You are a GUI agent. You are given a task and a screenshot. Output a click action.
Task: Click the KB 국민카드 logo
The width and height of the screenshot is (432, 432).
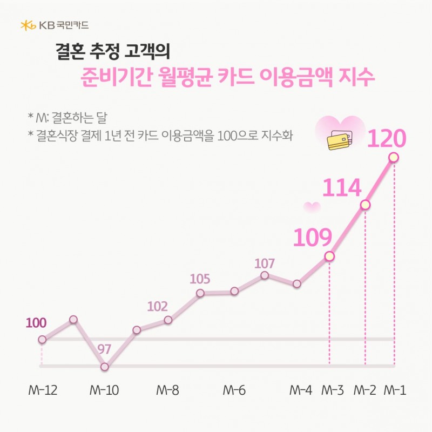point(54,25)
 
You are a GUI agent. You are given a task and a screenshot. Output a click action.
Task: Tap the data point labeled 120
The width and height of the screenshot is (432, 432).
point(394,157)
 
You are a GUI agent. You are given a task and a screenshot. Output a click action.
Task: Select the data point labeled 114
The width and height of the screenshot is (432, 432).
point(366,205)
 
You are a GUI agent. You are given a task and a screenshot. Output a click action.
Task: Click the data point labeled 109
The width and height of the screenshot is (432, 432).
point(329,256)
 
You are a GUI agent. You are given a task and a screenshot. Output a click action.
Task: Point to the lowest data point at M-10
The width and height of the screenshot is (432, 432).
point(105,367)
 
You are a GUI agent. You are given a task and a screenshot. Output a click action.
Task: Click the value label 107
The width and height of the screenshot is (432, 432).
point(265,264)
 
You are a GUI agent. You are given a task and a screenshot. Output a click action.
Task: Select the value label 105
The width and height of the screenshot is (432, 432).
point(200,279)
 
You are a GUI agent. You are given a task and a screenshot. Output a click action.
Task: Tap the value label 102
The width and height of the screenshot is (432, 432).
point(157,307)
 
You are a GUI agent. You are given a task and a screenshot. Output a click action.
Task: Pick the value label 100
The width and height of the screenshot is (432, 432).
point(36,323)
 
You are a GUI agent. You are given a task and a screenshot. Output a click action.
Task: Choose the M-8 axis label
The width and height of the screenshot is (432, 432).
point(167,390)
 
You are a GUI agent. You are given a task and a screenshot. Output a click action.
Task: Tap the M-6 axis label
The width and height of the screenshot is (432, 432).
point(234,390)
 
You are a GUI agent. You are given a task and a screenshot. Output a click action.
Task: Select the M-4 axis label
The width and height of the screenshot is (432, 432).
point(301,390)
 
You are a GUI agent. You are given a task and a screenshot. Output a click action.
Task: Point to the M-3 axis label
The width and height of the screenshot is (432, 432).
point(332,390)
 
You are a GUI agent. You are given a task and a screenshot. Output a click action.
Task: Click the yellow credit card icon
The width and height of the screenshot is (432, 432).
point(337,141)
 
